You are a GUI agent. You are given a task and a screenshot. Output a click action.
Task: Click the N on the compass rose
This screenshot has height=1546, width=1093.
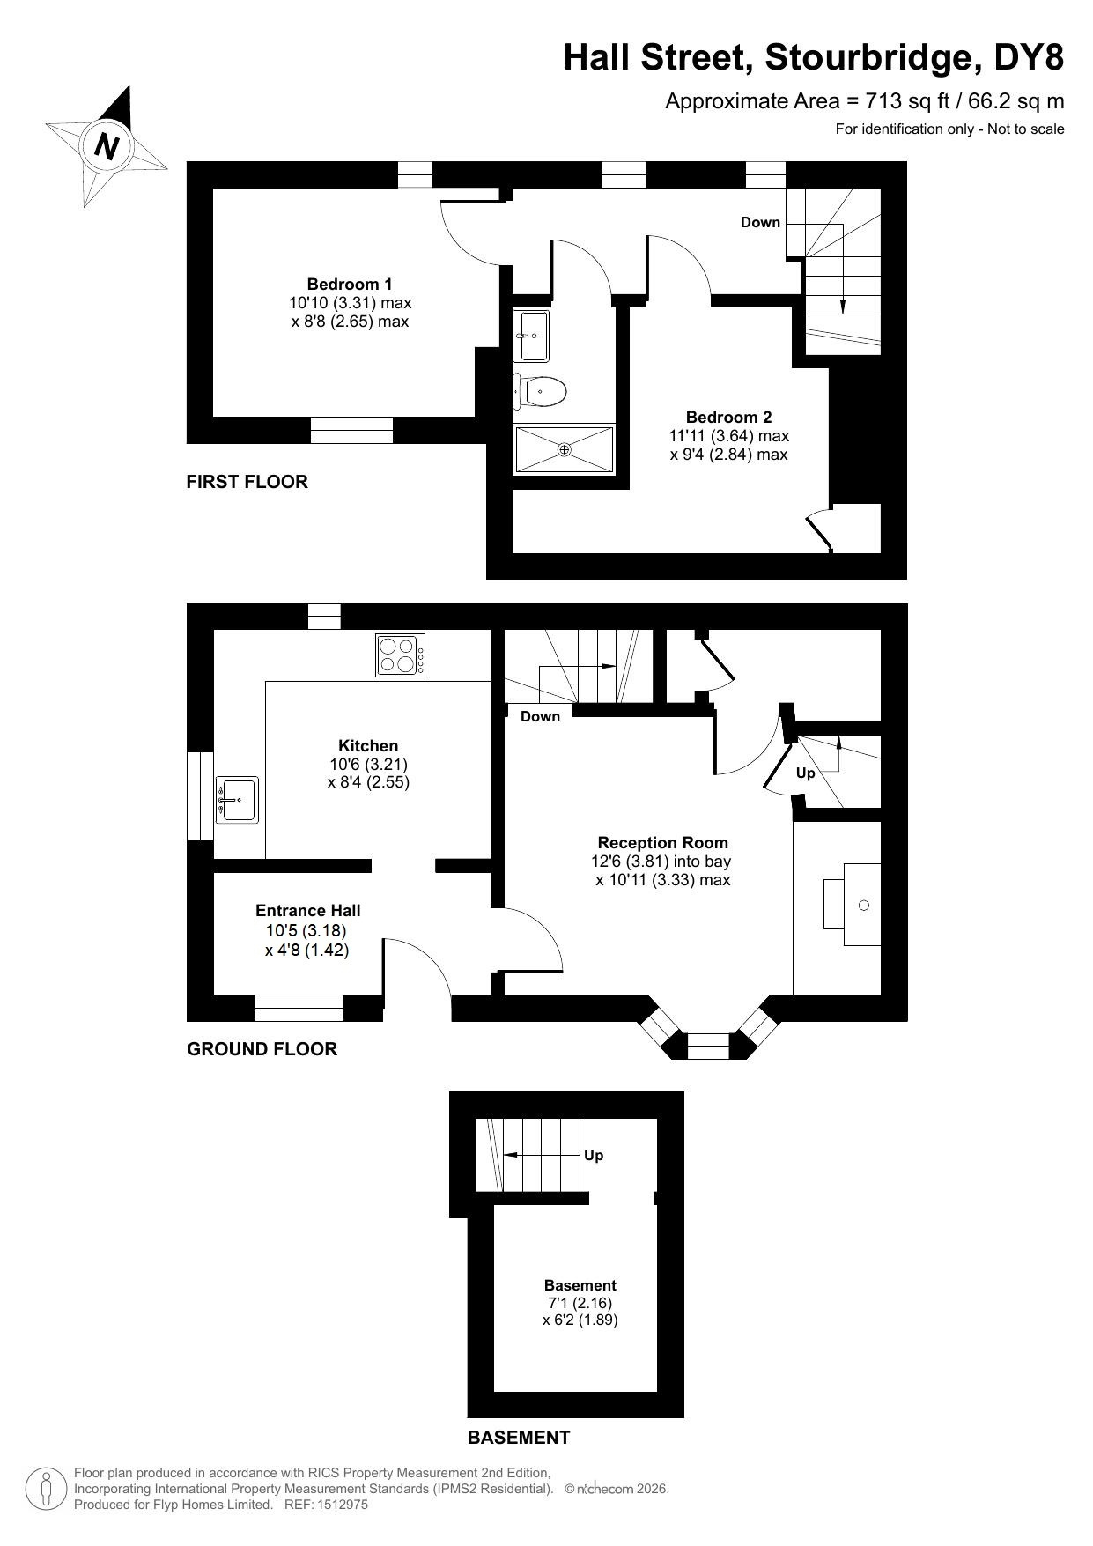click(107, 145)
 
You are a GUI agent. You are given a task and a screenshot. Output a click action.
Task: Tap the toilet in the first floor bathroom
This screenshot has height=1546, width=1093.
click(540, 390)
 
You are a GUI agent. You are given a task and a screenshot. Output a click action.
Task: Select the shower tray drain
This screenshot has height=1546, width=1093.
click(564, 449)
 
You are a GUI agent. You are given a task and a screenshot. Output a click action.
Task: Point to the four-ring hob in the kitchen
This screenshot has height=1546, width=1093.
click(401, 655)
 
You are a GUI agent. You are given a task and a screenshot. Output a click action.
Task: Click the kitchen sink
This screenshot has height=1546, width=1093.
click(236, 799)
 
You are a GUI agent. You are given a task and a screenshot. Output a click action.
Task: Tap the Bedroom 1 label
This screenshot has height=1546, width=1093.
click(350, 285)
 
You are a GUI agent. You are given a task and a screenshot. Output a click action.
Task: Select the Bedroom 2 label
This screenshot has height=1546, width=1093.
click(729, 418)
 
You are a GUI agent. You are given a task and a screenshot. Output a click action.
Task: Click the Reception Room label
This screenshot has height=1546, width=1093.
click(663, 843)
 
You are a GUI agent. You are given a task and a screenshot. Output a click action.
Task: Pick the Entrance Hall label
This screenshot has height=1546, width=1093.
click(308, 911)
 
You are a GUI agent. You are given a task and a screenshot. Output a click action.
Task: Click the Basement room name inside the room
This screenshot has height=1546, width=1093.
click(580, 1285)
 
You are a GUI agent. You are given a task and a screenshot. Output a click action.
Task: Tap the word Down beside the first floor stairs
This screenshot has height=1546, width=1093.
click(760, 222)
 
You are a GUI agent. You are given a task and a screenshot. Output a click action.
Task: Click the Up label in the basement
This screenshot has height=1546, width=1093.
click(594, 1155)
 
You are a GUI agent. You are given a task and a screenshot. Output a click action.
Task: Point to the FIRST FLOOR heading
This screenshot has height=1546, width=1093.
click(247, 482)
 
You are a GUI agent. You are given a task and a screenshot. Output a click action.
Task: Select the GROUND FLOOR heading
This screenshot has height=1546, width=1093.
click(262, 1049)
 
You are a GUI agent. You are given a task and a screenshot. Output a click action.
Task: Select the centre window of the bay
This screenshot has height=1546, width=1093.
click(708, 1047)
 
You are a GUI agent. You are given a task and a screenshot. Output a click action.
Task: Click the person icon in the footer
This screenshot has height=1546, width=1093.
click(47, 1489)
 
